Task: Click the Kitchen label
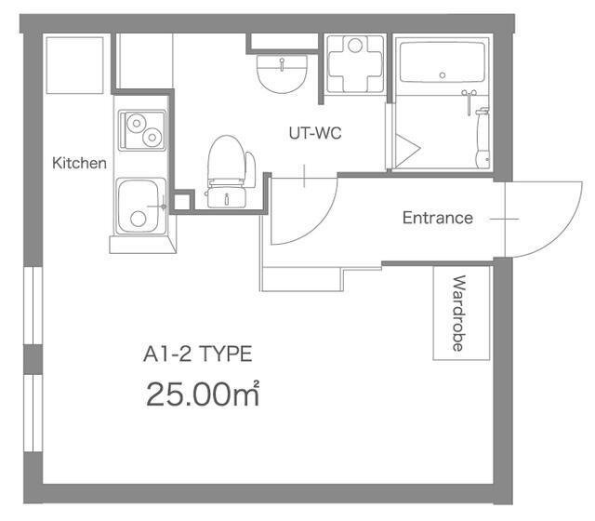point(79,164)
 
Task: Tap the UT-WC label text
point(315,133)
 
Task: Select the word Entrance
point(438,218)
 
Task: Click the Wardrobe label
point(459,314)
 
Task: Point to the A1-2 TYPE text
point(198,354)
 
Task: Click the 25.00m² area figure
point(203,394)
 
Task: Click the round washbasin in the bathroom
point(282,73)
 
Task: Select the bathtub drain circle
point(443,75)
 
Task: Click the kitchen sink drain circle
point(139,219)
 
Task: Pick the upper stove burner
point(137,123)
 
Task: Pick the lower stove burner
point(152,138)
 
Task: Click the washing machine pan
point(355,63)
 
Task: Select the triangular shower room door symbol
point(407,151)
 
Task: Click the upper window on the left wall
point(33,305)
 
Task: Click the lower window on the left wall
point(33,413)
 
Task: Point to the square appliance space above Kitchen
point(74,65)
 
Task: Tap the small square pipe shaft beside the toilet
point(182,202)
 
